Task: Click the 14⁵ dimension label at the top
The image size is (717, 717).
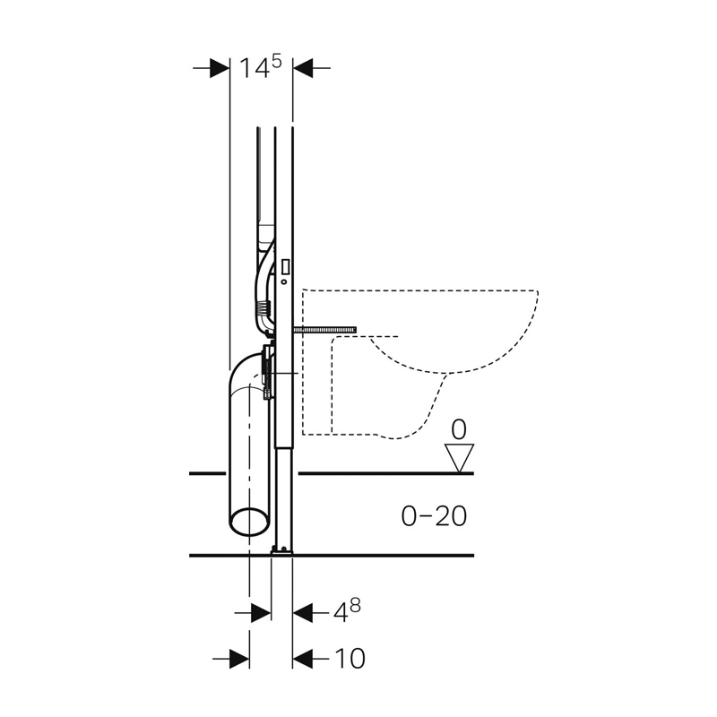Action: coord(260,68)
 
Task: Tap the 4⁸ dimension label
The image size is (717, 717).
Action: coord(347,611)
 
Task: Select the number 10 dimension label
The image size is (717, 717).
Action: coord(350,659)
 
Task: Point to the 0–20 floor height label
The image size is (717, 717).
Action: coord(434,516)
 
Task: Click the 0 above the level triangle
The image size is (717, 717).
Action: coord(459,430)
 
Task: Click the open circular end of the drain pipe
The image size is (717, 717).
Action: coord(249,521)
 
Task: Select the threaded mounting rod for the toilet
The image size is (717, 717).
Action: coord(325,330)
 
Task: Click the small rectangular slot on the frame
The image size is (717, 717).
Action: coord(286,266)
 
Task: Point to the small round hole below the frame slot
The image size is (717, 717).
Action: coord(284,281)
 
